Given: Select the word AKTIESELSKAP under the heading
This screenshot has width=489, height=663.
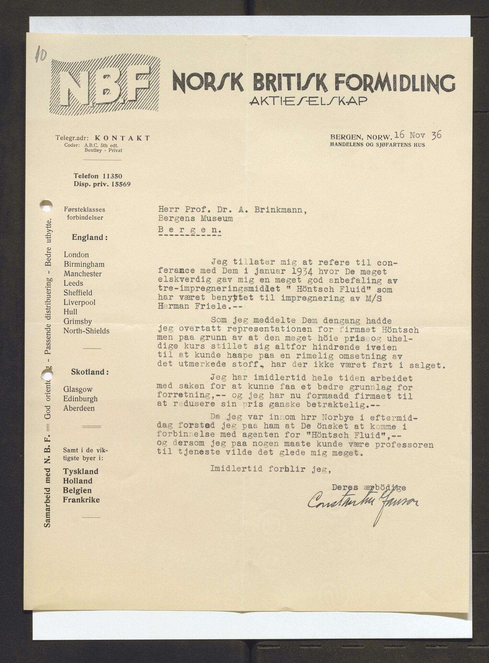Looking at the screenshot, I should coord(309,101).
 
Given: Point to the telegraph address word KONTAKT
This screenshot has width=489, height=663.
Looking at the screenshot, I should coord(125,138).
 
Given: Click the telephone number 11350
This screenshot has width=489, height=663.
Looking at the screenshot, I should coord(112,176).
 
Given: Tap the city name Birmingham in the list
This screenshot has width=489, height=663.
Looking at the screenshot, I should coord(84,264).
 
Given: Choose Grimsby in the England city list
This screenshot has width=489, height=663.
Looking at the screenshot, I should coord(77,321).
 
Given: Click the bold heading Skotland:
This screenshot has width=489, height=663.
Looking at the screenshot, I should coord(90,372).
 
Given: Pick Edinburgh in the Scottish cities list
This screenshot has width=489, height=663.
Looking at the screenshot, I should coord(80,399).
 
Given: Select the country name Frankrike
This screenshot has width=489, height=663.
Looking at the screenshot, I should coord(81,500).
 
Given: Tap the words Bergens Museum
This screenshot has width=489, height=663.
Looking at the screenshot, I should coord(195,219).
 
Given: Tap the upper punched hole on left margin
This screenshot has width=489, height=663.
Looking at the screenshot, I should coord(46,205).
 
